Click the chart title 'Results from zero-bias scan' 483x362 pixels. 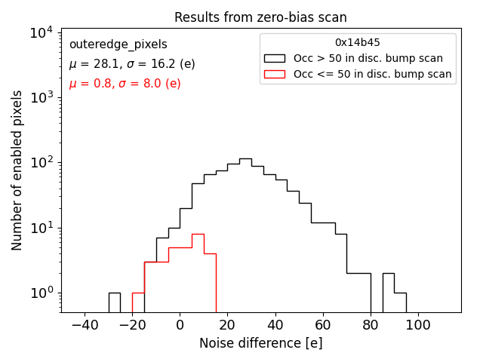(x=260, y=17)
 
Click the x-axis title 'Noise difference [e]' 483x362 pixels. (x=260, y=343)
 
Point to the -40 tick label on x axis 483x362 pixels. (x=85, y=324)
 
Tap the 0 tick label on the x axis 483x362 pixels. (x=180, y=324)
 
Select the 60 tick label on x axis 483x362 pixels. (x=323, y=324)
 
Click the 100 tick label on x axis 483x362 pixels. (x=418, y=324)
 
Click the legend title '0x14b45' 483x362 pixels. (x=358, y=43)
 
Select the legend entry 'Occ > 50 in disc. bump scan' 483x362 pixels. (x=368, y=58)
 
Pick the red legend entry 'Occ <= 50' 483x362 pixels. (x=372, y=74)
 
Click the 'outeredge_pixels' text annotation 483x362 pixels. (x=118, y=44)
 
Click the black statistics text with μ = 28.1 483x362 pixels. (x=132, y=64)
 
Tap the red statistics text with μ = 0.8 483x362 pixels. (x=125, y=84)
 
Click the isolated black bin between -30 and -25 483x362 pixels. (x=114, y=302)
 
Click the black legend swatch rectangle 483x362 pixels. (x=275, y=58)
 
